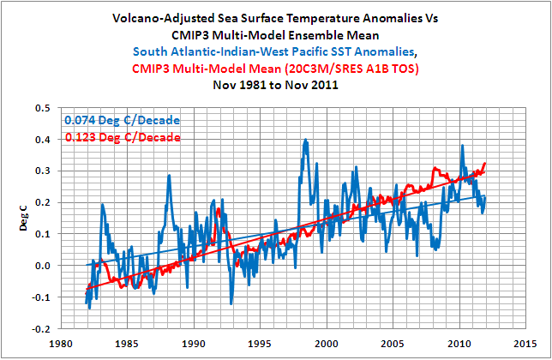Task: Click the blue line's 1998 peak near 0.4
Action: click(305, 141)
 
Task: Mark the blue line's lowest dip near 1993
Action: click(231, 303)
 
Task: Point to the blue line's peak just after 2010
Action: click(462, 147)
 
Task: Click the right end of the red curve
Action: click(486, 163)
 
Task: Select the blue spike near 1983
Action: click(102, 205)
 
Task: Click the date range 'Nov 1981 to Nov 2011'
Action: click(275, 86)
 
